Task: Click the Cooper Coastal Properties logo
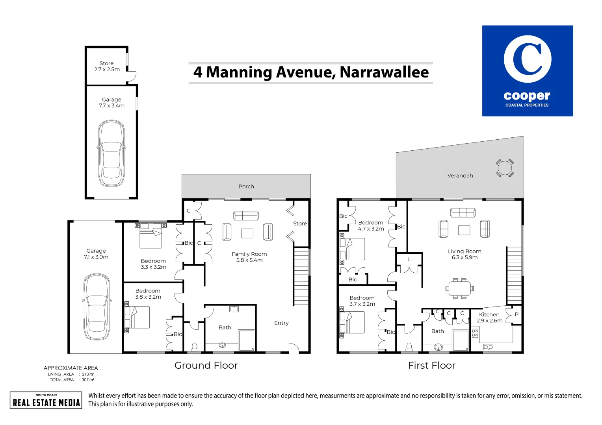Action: [527, 71]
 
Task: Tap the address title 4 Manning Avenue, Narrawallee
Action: [311, 72]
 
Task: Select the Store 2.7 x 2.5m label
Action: [107, 66]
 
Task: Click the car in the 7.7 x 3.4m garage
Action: [111, 153]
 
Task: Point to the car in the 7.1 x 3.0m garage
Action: [97, 307]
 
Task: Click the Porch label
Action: [246, 187]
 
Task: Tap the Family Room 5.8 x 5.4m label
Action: [249, 257]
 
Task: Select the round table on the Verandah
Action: [505, 168]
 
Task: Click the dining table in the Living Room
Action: [460, 288]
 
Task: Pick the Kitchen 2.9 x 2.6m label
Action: [489, 318]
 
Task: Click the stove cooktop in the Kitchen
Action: [475, 333]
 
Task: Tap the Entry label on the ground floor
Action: [281, 323]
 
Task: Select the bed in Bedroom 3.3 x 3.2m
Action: [151, 235]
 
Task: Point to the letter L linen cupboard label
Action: [409, 259]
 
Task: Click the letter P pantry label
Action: [517, 314]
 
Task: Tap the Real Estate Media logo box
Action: [46, 400]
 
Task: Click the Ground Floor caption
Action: [206, 366]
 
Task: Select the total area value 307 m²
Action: [88, 380]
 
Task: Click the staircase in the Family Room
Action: [301, 276]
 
